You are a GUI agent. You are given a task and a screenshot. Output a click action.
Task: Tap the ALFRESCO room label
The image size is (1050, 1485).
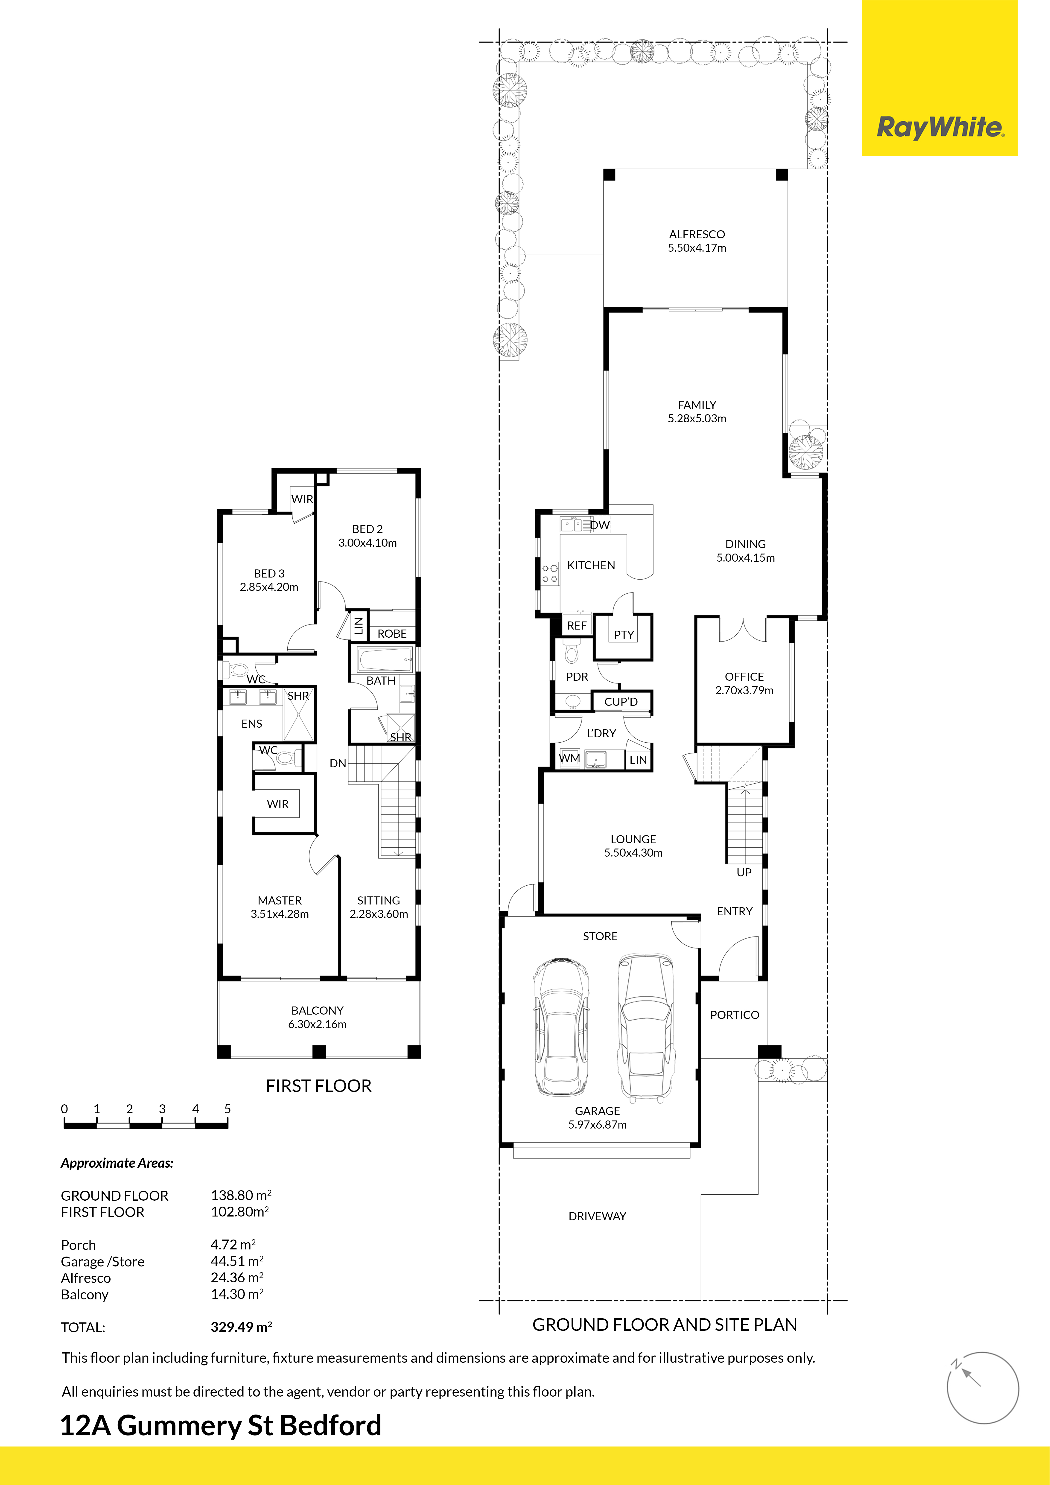pyautogui.click(x=697, y=234)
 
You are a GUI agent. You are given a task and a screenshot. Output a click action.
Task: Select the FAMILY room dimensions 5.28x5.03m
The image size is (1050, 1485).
pyautogui.click(x=697, y=418)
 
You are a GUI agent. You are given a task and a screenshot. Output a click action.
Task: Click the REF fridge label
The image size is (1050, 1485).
pyautogui.click(x=576, y=625)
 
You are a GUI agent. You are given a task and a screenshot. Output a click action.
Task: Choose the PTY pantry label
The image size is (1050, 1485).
pyautogui.click(x=624, y=634)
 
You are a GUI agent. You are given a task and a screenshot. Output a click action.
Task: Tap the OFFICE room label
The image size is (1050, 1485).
pyautogui.click(x=744, y=677)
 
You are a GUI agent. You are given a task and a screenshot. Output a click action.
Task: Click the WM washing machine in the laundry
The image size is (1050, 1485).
pyautogui.click(x=569, y=758)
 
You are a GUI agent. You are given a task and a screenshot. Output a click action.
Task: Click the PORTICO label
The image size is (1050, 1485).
pyautogui.click(x=734, y=1015)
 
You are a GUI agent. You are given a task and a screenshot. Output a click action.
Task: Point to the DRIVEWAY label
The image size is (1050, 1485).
pyautogui.click(x=597, y=1216)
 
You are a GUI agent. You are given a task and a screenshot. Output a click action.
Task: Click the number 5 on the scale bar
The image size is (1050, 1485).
pyautogui.click(x=228, y=1109)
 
